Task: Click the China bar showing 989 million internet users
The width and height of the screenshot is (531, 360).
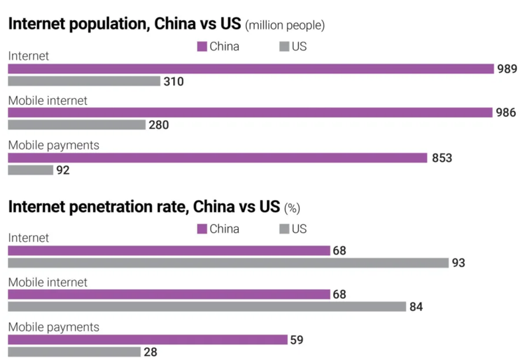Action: pyautogui.click(x=251, y=68)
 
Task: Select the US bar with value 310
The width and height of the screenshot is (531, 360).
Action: pyautogui.click(x=84, y=81)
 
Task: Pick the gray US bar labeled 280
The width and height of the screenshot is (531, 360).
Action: pyautogui.click(x=76, y=125)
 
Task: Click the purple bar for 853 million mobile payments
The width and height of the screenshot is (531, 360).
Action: pyautogui.click(x=217, y=157)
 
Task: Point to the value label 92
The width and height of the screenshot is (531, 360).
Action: pyautogui.click(x=63, y=170)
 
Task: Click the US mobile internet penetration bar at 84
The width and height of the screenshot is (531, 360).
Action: pyautogui.click(x=206, y=306)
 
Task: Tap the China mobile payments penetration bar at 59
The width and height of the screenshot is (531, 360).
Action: pyautogui.click(x=147, y=339)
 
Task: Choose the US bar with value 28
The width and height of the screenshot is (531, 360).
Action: pyautogui.click(x=74, y=352)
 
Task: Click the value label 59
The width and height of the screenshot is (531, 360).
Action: pyautogui.click(x=297, y=339)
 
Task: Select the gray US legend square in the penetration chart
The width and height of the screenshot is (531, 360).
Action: pyautogui.click(x=284, y=229)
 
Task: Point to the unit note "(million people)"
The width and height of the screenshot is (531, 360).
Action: pyautogui.click(x=285, y=26)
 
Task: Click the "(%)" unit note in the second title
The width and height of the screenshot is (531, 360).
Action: pyautogui.click(x=292, y=208)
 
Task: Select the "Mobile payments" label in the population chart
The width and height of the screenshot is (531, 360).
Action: pyautogui.click(x=54, y=145)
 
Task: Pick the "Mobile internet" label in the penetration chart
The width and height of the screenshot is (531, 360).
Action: pyautogui.click(x=48, y=282)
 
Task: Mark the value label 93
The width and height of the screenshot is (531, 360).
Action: pyautogui.click(x=459, y=263)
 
